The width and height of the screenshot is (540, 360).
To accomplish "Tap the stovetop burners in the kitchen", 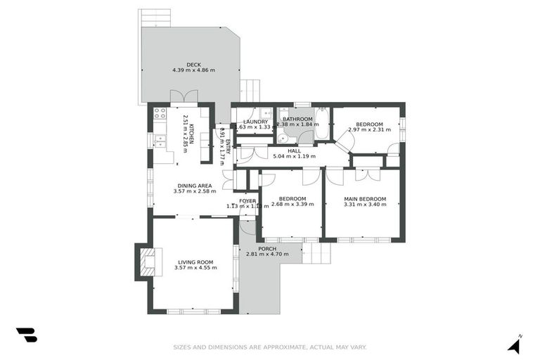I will point(160,112).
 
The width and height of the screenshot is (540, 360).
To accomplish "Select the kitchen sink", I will point(160,140).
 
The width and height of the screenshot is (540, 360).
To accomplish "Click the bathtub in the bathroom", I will point(321,124).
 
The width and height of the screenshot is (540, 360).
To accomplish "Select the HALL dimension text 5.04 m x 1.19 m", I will point(295,156).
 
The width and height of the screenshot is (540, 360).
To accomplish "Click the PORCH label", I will point(267,248).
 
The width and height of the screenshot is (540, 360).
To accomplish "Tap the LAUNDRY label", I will point(255,122).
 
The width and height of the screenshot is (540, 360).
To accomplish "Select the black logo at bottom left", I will point(27,335).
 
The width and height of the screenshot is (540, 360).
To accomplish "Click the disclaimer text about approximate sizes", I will point(270,347).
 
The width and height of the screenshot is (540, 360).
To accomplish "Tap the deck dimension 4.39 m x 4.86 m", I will point(193,70).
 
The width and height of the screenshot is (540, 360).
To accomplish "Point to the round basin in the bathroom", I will point(282,137).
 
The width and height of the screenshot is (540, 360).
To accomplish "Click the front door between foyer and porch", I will point(247,226).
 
